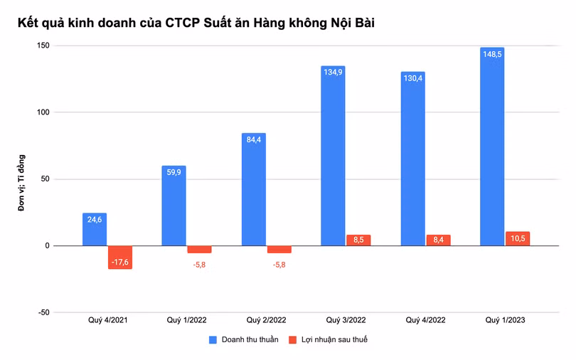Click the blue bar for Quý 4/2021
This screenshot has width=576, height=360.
point(95,229)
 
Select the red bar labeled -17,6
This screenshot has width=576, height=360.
point(120,257)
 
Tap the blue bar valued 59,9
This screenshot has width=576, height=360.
point(174,206)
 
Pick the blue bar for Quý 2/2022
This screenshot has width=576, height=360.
point(253,189)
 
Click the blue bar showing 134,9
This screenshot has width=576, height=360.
point(333,156)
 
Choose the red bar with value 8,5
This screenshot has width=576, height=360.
point(358,240)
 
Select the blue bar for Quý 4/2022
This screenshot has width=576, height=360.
point(412,159)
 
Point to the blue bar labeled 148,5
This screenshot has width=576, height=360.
point(492,147)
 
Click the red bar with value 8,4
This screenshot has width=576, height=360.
point(438,240)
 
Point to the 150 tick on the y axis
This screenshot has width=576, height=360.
point(43,46)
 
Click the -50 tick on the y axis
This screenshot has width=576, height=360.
point(43,312)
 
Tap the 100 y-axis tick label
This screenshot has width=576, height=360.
point(43,112)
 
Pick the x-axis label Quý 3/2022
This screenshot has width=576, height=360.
point(346,321)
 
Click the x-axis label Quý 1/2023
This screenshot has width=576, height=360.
point(505,321)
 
